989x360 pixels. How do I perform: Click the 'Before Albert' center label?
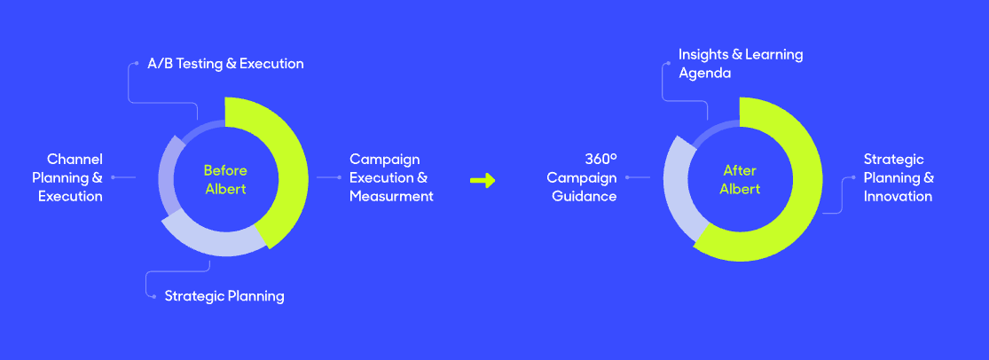(x=225, y=180)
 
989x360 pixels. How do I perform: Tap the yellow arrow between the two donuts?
(x=483, y=180)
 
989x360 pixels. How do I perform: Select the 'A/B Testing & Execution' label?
(x=225, y=64)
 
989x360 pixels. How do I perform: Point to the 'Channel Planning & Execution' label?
(x=67, y=178)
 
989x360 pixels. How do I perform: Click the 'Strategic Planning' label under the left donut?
(x=224, y=295)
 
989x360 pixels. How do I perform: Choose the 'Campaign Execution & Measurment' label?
(x=392, y=178)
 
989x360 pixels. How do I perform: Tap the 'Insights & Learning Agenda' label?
(x=741, y=64)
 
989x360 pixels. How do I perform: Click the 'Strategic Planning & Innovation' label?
(x=899, y=178)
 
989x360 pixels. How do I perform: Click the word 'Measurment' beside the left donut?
(x=392, y=196)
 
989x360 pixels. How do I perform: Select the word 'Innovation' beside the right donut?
(x=898, y=196)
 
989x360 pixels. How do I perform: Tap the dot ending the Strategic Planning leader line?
(x=154, y=296)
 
